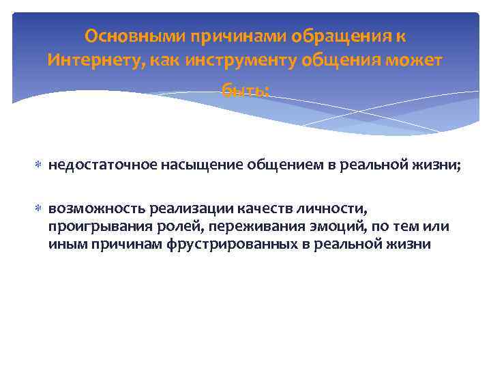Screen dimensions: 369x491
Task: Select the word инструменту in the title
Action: tap(223, 60)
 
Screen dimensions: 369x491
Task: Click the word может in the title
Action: tap(415, 60)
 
